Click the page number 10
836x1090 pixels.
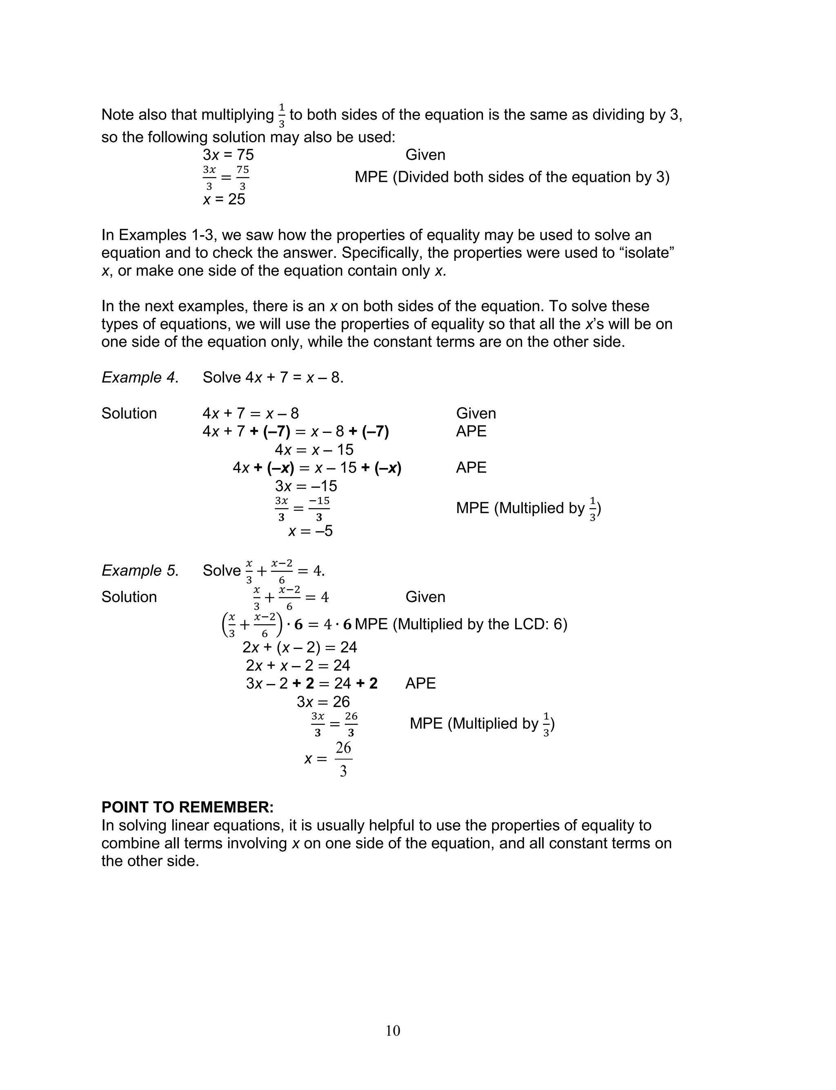pos(393,1030)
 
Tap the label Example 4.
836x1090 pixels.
pos(139,377)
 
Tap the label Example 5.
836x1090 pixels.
pos(139,571)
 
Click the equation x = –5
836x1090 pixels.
pos(311,531)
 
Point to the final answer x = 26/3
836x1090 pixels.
pos(329,759)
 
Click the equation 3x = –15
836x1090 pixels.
pos(306,486)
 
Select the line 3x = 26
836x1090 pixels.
pos(323,702)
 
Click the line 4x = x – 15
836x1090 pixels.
pos(314,450)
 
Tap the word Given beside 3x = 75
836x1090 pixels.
pos(425,155)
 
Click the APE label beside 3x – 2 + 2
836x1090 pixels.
pos(420,683)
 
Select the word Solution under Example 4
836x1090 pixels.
pos(129,414)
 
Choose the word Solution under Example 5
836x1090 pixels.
pos(129,597)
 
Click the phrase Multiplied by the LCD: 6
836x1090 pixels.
pos(480,624)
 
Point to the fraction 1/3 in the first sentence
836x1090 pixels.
pos(282,116)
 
